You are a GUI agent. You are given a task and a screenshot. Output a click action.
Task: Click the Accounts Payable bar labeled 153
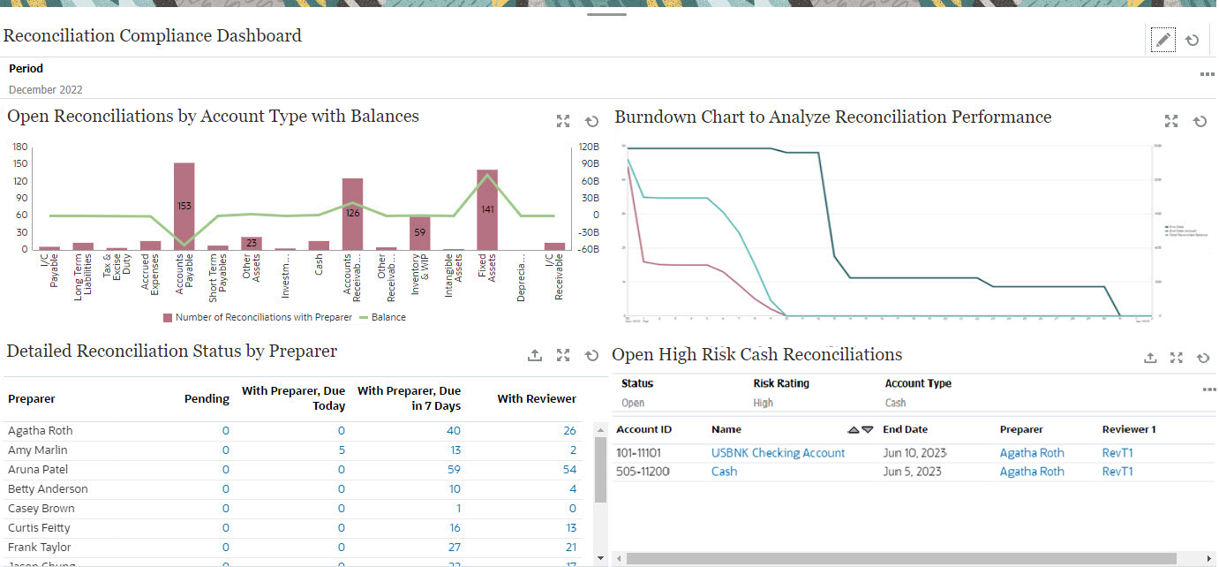[184, 206]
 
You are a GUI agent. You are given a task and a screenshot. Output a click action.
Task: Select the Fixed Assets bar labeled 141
[487, 209]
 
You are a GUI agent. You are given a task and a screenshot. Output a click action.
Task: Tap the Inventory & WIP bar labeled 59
[419, 233]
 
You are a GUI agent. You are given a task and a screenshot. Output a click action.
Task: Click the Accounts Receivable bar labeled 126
[352, 213]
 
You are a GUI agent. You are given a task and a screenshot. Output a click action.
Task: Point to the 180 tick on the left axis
[20, 147]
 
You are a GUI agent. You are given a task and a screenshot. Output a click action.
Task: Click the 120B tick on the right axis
[589, 147]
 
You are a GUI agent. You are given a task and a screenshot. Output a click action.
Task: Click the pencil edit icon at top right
[1163, 40]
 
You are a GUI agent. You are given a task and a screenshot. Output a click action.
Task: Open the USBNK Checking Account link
[778, 453]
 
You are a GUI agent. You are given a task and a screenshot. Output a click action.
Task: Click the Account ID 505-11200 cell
[643, 472]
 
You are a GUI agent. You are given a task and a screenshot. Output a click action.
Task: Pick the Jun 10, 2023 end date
[914, 453]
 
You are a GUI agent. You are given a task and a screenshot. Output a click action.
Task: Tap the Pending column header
[207, 399]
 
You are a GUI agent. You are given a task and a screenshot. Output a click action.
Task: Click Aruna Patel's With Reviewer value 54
[569, 470]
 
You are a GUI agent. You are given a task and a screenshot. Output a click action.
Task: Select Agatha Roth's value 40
[454, 431]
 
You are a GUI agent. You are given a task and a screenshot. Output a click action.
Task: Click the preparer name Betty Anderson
[48, 489]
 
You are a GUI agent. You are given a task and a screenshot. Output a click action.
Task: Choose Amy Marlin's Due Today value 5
[342, 450]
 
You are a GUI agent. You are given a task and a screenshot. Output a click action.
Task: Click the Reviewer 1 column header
[1129, 429]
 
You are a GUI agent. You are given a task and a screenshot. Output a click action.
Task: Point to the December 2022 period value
[46, 89]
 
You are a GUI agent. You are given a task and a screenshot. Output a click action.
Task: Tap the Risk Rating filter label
[781, 383]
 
